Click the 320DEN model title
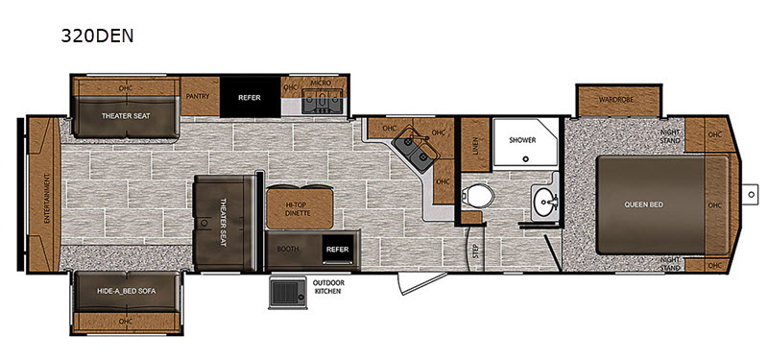(97, 36)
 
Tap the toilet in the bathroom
(477, 197)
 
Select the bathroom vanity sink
(544, 202)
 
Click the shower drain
(525, 158)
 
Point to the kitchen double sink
(416, 150)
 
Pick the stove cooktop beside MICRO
(322, 102)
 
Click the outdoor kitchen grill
(288, 293)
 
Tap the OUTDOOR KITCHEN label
(328, 287)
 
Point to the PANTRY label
(198, 97)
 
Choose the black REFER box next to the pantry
(250, 97)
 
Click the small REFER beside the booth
(338, 250)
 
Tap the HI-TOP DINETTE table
(300, 207)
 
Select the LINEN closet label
(475, 146)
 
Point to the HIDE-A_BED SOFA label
(127, 291)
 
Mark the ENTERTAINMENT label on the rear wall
(47, 199)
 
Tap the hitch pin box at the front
(750, 195)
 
